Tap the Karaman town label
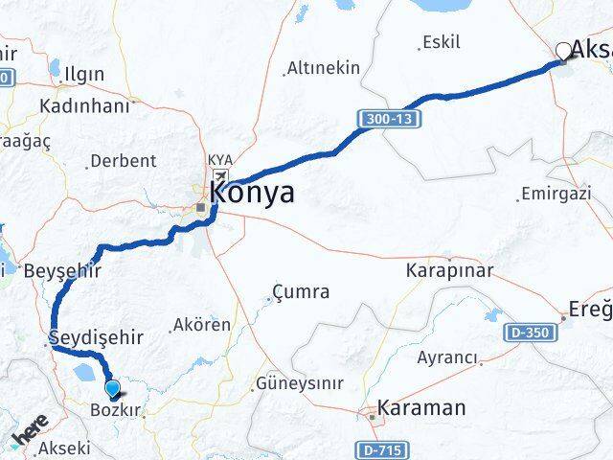[x=421, y=408]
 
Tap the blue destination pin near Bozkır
[x=114, y=389]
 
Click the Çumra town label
[x=301, y=291]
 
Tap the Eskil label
[x=441, y=42]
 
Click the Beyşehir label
[x=64, y=271]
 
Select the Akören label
[x=202, y=325]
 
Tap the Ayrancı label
[x=447, y=357]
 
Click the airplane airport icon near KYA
[x=221, y=177]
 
